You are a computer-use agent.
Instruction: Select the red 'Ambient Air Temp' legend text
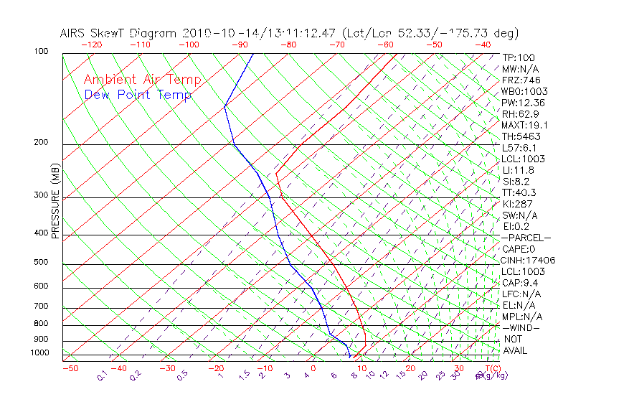pos(142,80)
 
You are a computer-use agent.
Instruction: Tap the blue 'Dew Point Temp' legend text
pos(138,95)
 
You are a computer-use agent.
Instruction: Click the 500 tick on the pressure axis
pos(40,262)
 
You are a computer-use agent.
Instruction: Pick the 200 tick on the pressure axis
pos(40,143)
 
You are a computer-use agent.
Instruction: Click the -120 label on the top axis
pos(91,44)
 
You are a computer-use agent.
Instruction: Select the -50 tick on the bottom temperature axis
pos(70,369)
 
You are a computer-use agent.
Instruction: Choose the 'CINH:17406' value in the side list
pos(529,260)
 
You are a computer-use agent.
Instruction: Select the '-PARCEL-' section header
pos(526,238)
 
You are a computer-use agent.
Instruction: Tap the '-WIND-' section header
pos(521,327)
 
